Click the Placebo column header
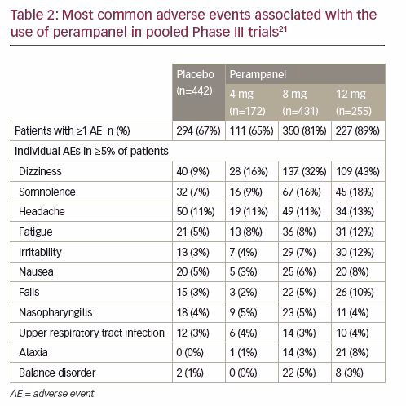pos(195,82)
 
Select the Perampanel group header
pos(258,74)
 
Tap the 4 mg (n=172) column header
pos(247,103)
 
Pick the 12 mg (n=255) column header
pos(354,103)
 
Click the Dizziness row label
pos(40,171)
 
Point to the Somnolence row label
pos(47,192)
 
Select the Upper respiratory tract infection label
pos(91,333)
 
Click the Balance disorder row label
pos(57,373)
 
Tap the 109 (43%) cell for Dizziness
pos(358,171)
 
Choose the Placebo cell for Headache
pos(196,211)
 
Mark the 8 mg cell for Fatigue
pos(299,232)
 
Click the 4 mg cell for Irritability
pos(243,252)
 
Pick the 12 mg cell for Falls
pos(355,292)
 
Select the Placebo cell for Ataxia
pos(190,352)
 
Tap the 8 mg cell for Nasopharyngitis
pos(299,312)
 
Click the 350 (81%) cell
pos(304,130)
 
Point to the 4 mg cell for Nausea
pos(243,271)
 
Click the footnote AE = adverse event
pos(52,394)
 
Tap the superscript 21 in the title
pos(283,29)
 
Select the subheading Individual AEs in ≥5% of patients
pos(91,151)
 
